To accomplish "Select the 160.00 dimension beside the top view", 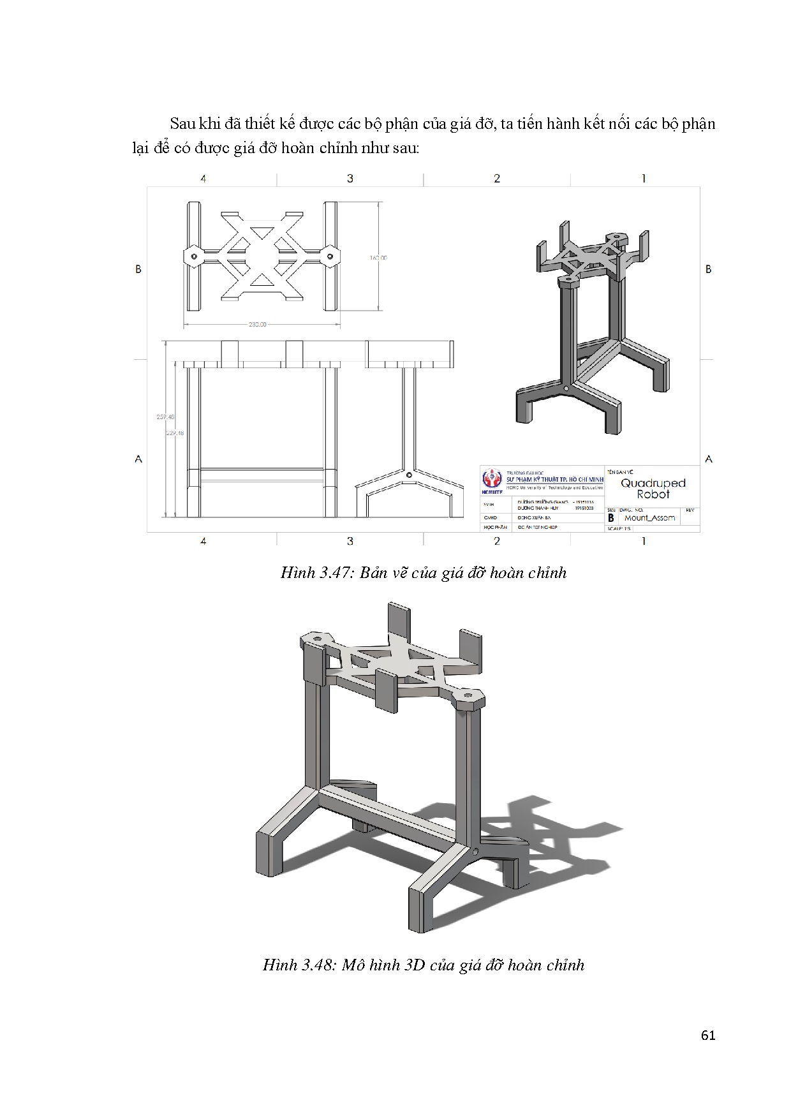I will (x=378, y=258).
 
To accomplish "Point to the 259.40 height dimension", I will (x=165, y=417).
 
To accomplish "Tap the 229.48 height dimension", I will (x=175, y=433).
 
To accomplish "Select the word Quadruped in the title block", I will (x=653, y=483).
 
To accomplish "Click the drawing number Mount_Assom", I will (x=649, y=518).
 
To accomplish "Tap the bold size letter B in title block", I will (x=611, y=518).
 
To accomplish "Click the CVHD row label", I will (x=489, y=518).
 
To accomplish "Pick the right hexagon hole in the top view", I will (x=330, y=256).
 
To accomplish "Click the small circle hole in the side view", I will (x=409, y=475).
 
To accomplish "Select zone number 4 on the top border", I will (x=203, y=179).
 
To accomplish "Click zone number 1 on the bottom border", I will (x=644, y=541).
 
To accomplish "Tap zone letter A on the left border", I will (x=138, y=459).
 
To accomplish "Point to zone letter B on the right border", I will (x=708, y=269).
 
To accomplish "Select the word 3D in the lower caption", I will (x=415, y=965).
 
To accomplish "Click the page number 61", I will (x=707, y=1035).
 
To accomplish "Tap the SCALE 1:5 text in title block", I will (x=619, y=528).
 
